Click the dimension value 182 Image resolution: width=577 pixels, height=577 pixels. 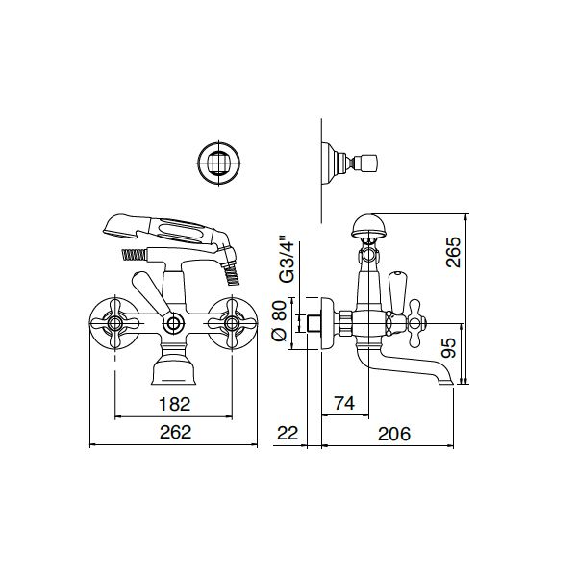coord(174,404)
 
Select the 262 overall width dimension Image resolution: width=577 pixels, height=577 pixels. coord(174,433)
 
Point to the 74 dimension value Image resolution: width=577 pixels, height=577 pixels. coord(345,404)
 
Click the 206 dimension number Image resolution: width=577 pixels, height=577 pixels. coord(392,433)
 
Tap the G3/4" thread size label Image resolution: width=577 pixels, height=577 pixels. coord(282,260)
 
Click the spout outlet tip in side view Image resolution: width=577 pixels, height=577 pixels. coord(443,382)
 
